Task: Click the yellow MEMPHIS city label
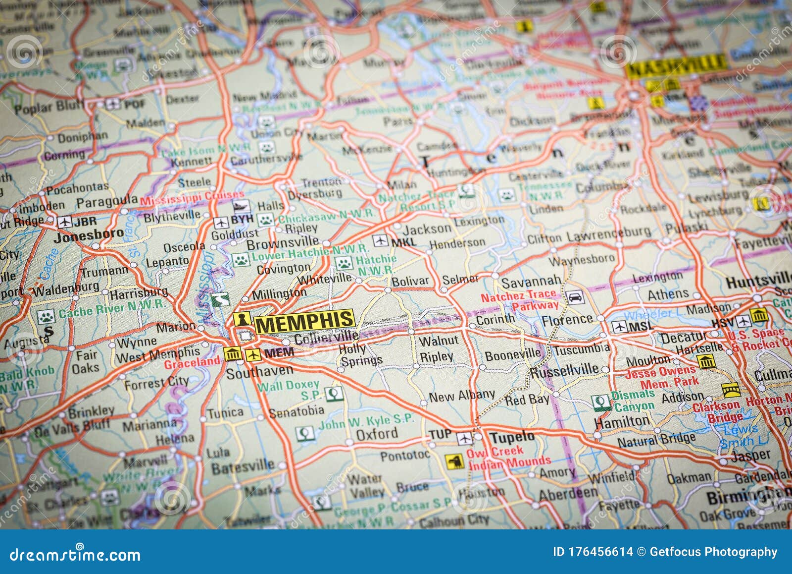click(305, 323)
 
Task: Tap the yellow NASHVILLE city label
click(676, 65)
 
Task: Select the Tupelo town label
click(512, 437)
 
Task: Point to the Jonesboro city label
click(89, 235)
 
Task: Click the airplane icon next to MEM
click(253, 354)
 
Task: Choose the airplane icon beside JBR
click(64, 222)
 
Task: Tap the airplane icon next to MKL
click(380, 240)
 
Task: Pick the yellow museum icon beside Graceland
click(232, 354)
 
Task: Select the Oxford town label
click(377, 434)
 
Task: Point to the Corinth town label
click(495, 320)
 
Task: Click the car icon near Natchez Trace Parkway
click(575, 297)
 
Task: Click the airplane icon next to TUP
click(464, 438)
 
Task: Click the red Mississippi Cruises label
click(192, 197)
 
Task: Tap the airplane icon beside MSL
click(619, 326)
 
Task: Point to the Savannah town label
click(531, 282)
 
